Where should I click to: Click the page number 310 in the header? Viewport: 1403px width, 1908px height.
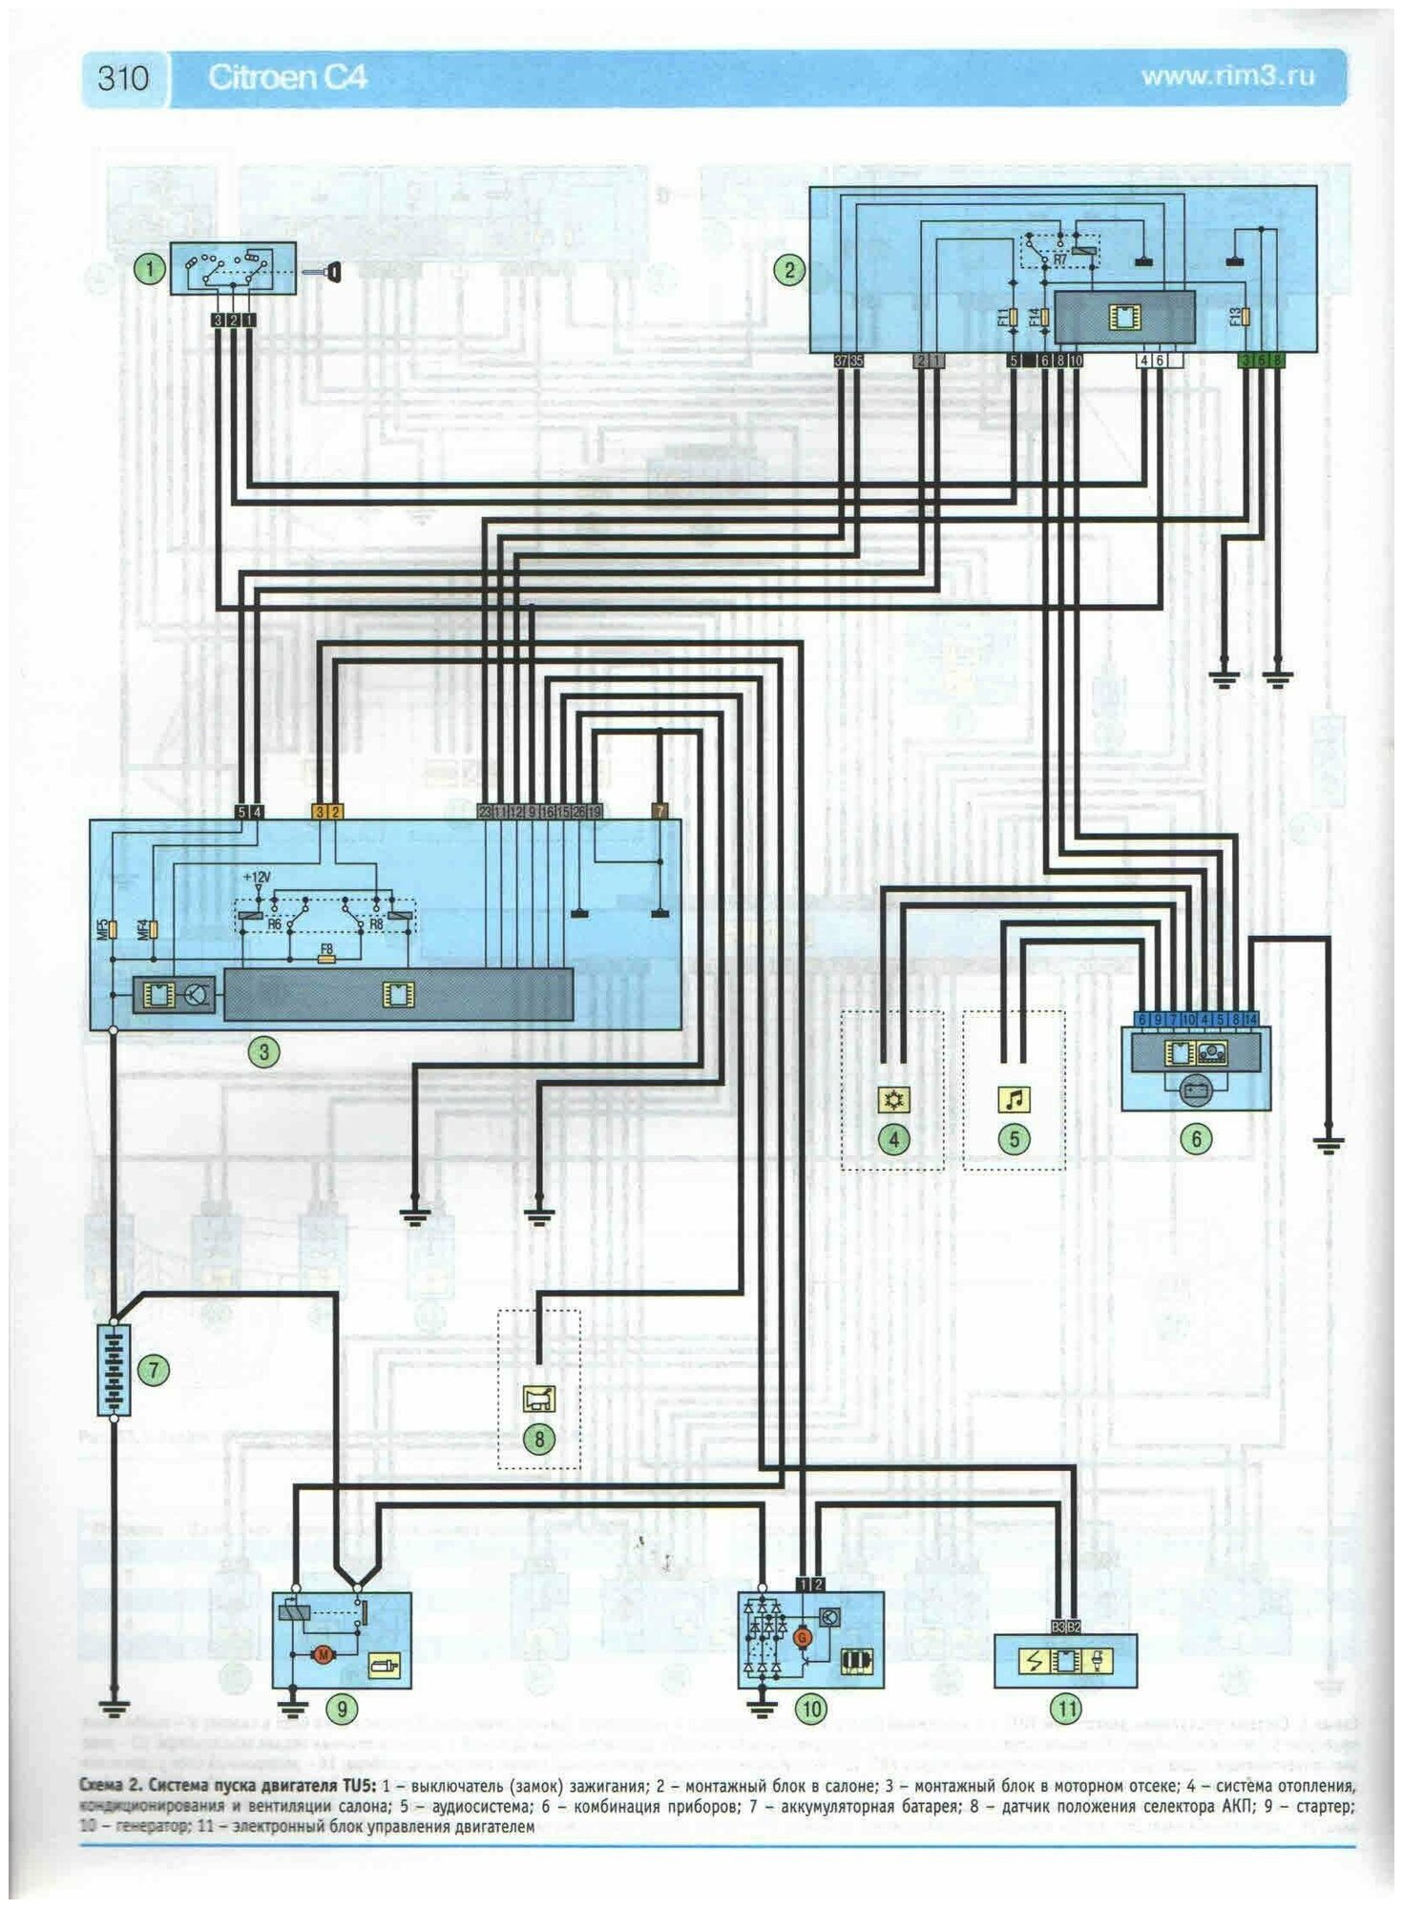(x=123, y=77)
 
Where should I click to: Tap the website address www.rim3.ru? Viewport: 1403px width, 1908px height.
(x=1227, y=76)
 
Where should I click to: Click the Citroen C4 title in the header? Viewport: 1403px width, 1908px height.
(x=287, y=77)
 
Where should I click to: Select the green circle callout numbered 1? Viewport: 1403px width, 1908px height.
(x=149, y=270)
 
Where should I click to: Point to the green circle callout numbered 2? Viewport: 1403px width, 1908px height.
(x=788, y=270)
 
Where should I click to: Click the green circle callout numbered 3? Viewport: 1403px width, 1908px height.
(x=263, y=1052)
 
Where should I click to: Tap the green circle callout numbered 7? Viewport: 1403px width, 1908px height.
(x=153, y=1370)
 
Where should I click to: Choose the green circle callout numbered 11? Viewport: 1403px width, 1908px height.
(x=1065, y=1709)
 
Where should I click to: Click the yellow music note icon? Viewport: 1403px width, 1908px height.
(x=1014, y=1100)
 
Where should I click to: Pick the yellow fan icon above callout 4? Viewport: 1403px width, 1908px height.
(x=893, y=1100)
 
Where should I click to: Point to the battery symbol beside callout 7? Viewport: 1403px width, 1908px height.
(x=114, y=1370)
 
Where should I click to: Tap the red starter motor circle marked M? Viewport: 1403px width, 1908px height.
(x=323, y=1654)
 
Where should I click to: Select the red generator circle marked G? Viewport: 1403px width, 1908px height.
(x=803, y=1637)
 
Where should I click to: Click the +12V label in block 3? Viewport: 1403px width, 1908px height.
(x=257, y=877)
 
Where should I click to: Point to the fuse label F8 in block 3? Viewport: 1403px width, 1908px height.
(x=327, y=950)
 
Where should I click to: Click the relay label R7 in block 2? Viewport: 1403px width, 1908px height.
(x=1060, y=259)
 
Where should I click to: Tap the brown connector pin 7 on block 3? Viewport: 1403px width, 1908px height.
(x=659, y=812)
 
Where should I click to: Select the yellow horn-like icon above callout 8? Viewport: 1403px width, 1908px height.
(x=538, y=1400)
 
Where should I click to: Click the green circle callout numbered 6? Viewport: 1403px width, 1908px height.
(x=1196, y=1137)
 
